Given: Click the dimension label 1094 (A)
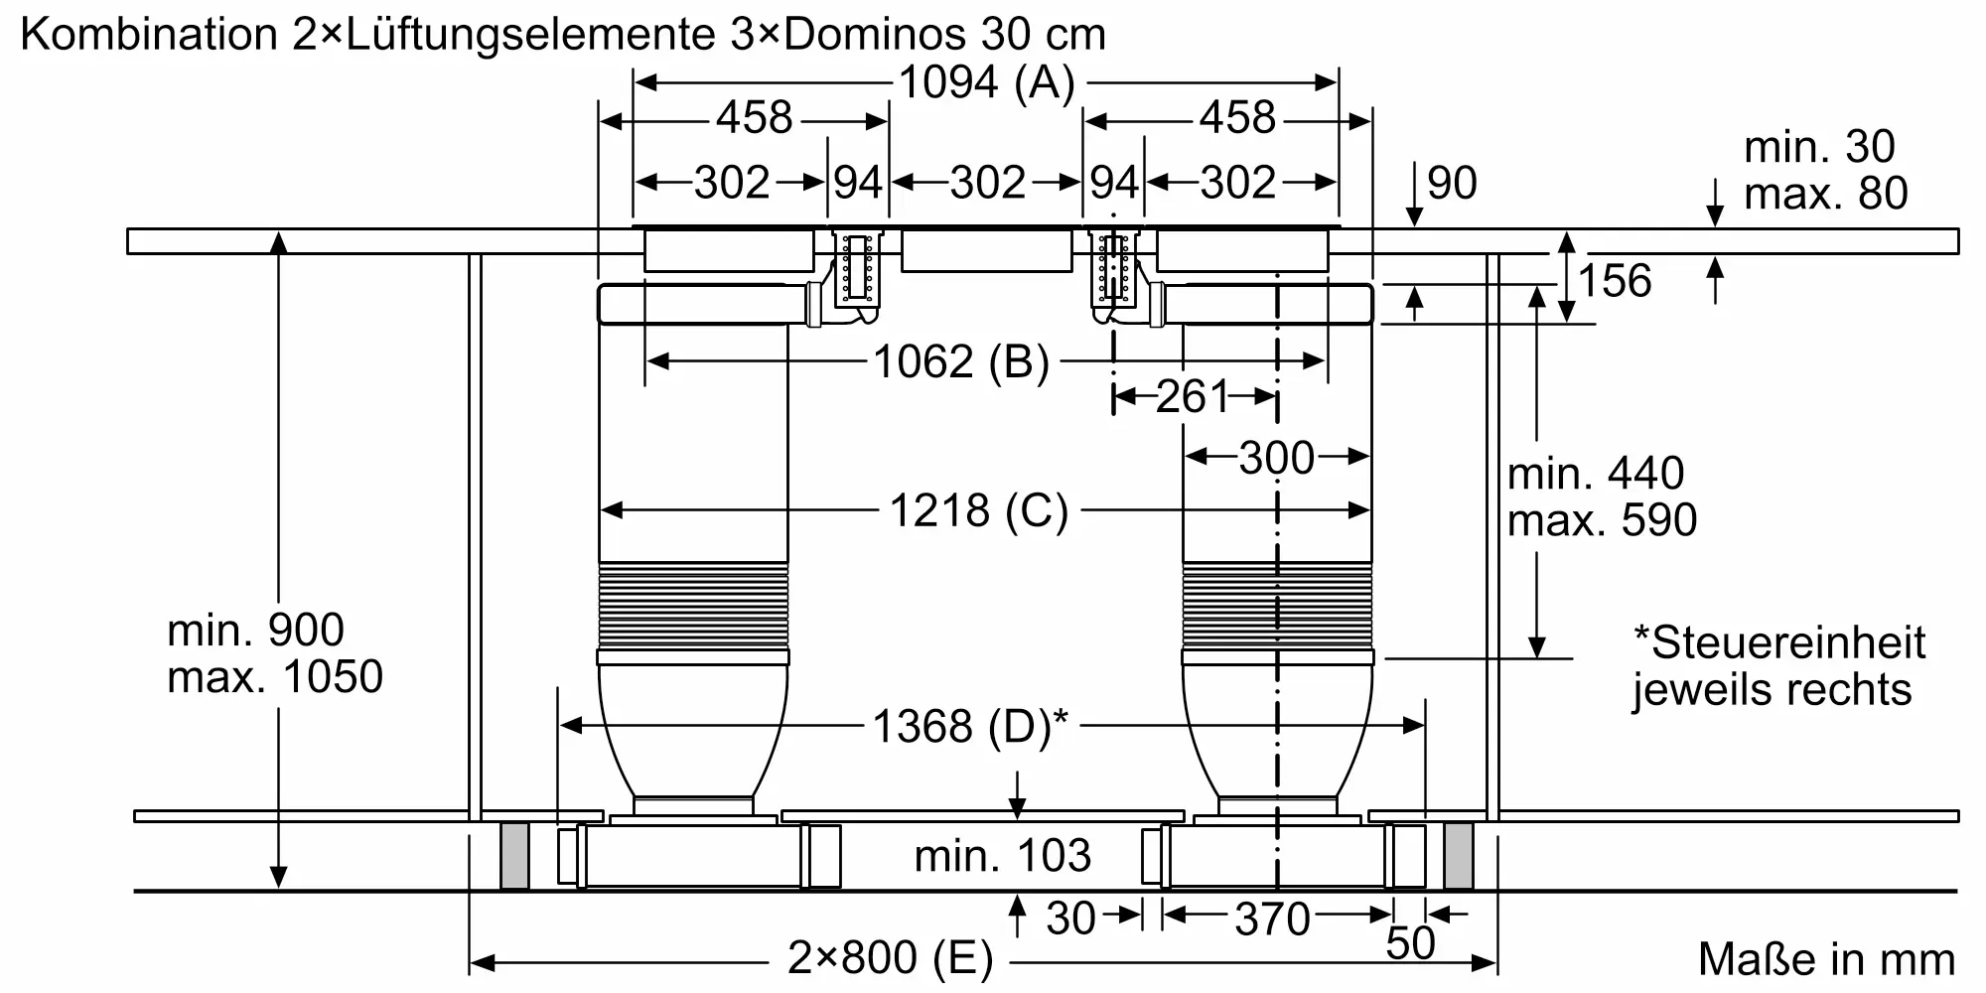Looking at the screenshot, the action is (x=986, y=82).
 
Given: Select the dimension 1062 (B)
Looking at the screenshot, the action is (x=960, y=361).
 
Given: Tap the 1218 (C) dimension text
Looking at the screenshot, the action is (x=978, y=510).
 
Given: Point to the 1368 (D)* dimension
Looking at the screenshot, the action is (x=970, y=726).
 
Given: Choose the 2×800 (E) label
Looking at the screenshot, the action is (x=890, y=958).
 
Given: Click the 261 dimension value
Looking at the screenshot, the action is (x=1193, y=397).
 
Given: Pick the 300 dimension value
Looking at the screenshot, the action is (x=1276, y=458).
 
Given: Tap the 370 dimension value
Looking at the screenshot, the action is (x=1272, y=919).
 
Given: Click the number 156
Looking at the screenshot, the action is (x=1615, y=281).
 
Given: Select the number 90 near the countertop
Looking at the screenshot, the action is (x=1452, y=183).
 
